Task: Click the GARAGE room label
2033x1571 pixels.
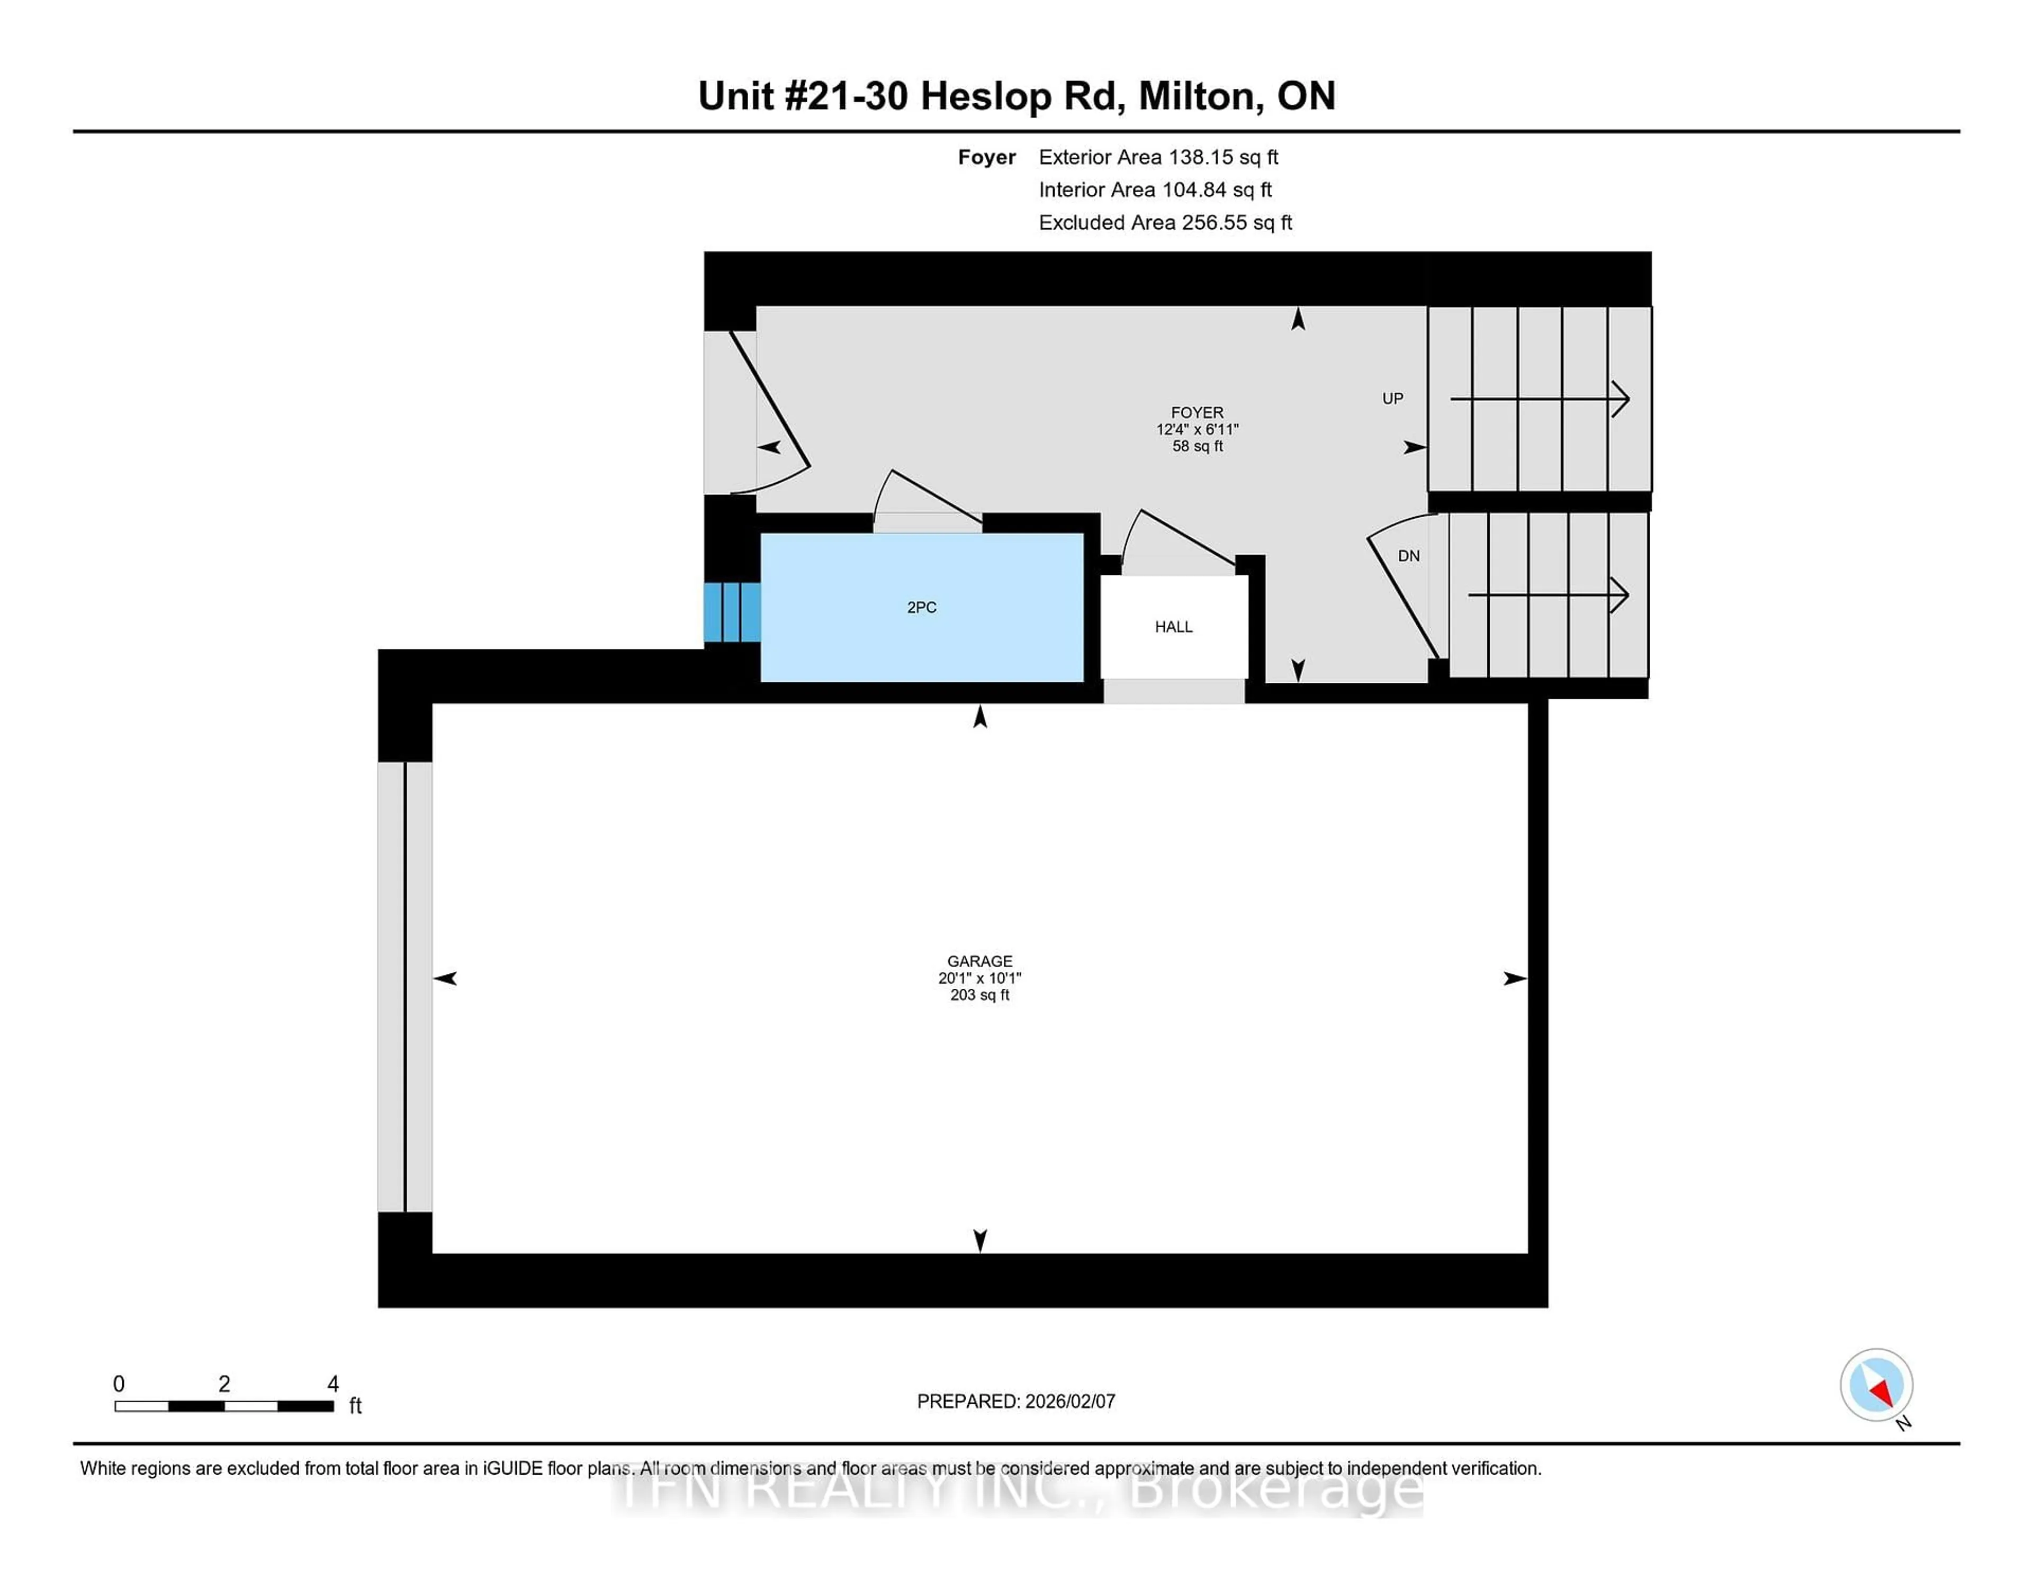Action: tap(979, 961)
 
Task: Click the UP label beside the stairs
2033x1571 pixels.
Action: tap(1392, 399)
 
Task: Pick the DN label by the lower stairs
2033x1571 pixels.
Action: tap(1408, 556)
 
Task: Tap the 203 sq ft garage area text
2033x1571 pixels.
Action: tap(979, 995)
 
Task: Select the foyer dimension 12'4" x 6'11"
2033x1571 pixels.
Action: tap(1197, 429)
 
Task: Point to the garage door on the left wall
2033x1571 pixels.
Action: tap(405, 987)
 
